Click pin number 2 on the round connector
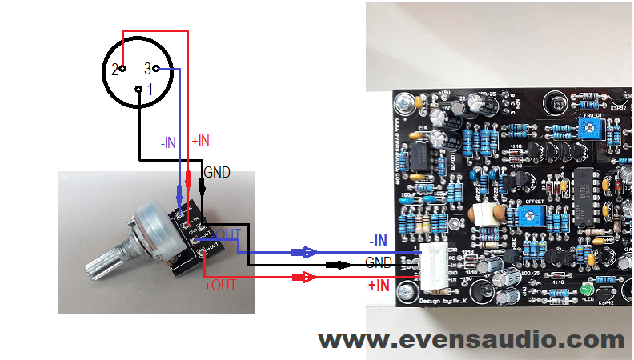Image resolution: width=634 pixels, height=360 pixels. pyautogui.click(x=122, y=70)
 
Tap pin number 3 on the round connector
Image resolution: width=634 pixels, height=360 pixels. pyautogui.click(x=155, y=69)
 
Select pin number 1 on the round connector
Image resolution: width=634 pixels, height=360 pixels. pyautogui.click(x=139, y=89)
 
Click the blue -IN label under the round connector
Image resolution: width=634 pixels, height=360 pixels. pyautogui.click(x=168, y=142)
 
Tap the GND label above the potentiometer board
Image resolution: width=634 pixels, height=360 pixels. pyautogui.click(x=216, y=171)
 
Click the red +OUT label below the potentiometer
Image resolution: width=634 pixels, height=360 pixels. pyautogui.click(x=220, y=286)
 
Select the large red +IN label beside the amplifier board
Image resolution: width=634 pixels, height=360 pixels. pyautogui.click(x=379, y=286)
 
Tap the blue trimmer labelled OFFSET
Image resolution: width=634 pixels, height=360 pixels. pyautogui.click(x=528, y=214)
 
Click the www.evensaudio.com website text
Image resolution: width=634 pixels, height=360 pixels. pyautogui.click(x=471, y=340)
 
